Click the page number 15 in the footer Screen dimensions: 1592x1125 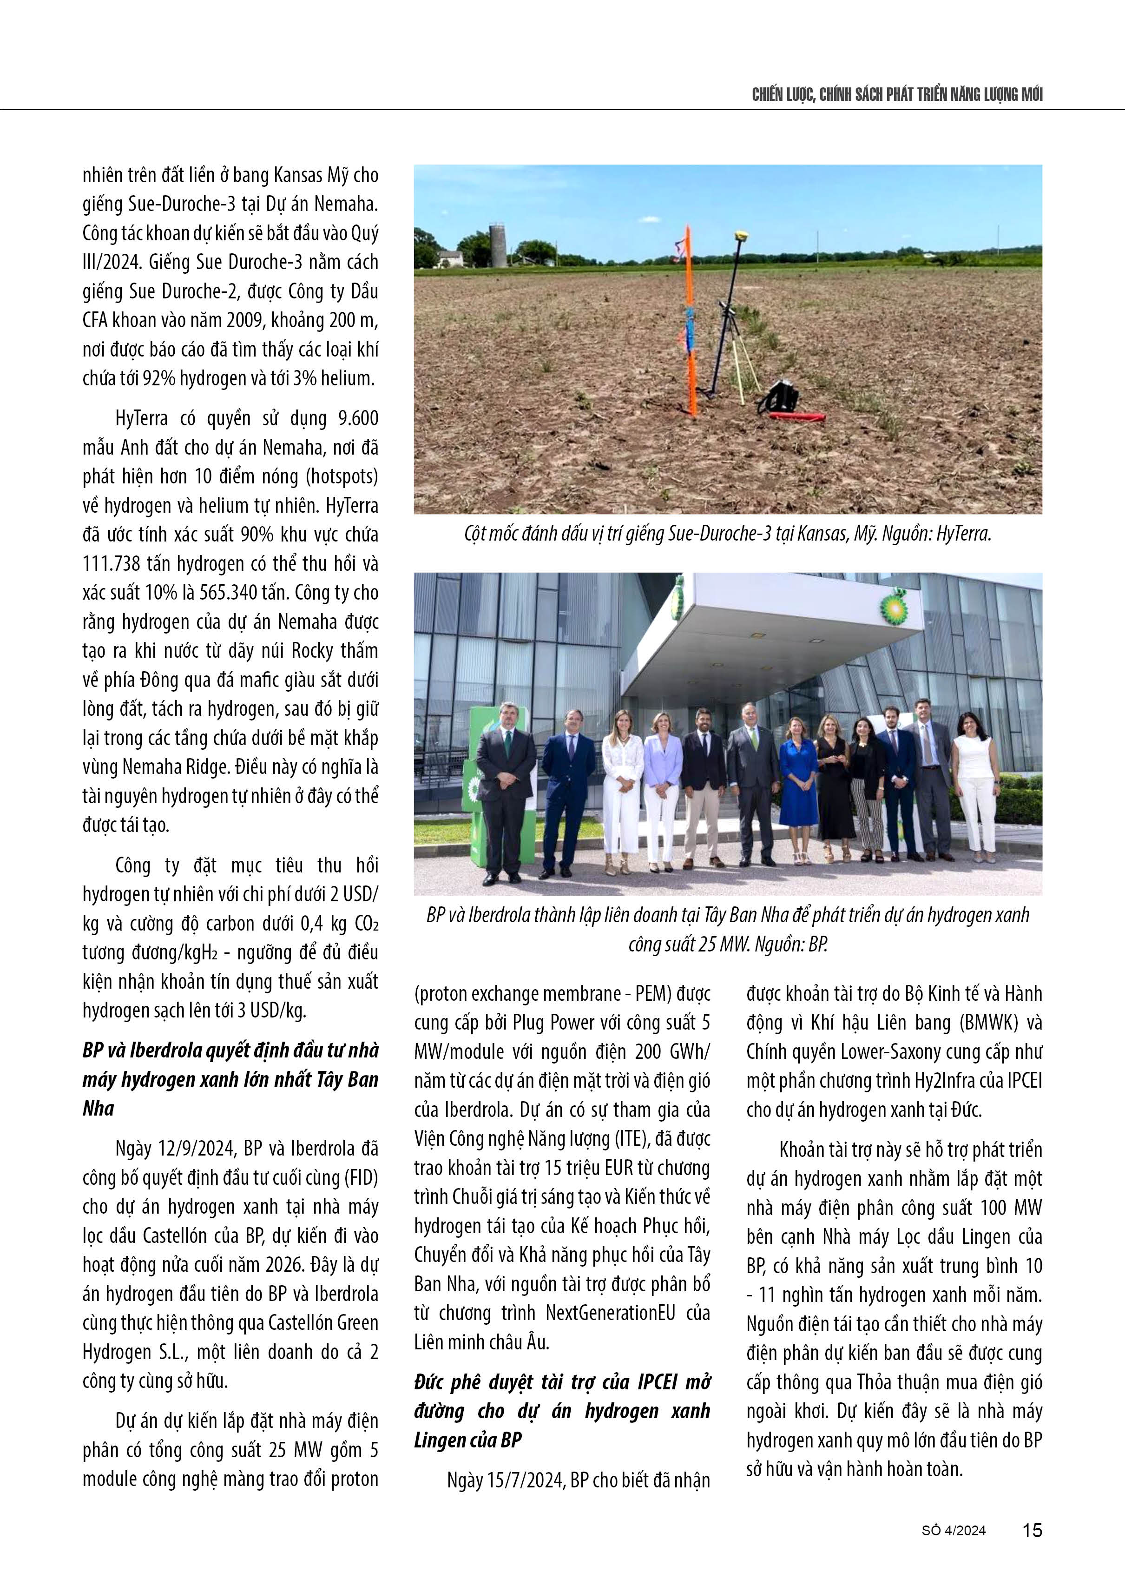pos(1032,1530)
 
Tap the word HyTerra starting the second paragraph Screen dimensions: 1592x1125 pos(141,419)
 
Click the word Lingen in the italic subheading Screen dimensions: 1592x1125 pos(444,1440)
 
